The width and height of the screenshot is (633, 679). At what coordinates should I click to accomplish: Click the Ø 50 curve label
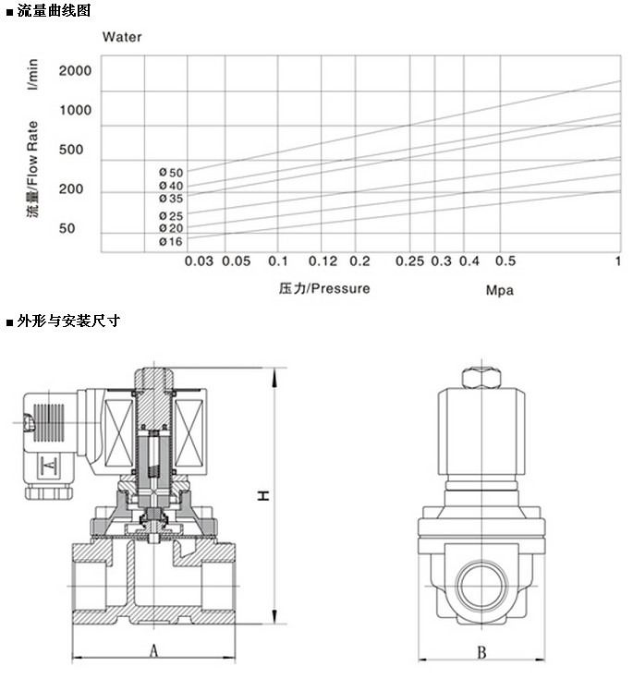171,173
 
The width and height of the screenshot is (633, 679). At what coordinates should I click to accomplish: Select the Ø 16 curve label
171,242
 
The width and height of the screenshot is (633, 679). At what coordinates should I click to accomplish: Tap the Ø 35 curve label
171,199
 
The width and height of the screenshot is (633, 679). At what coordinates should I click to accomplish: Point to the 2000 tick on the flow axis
76,70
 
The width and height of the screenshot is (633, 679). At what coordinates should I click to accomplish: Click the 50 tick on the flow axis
67,228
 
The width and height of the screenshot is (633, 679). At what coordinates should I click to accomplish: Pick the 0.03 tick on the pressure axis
199,261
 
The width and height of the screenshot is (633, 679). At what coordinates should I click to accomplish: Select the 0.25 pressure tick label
410,261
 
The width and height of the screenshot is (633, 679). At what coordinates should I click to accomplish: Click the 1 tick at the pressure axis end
618,261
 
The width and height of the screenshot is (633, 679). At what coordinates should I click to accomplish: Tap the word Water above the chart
122,37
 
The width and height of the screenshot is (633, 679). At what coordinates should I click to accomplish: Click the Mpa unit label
500,290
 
